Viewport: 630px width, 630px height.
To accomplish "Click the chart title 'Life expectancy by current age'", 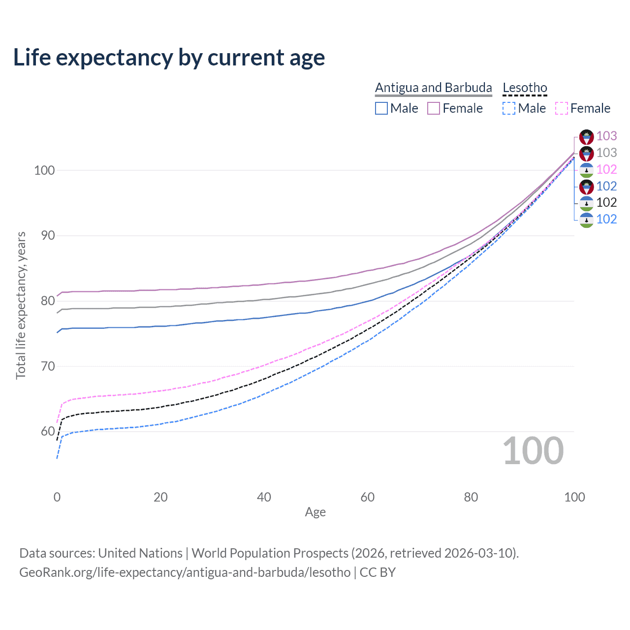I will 169,58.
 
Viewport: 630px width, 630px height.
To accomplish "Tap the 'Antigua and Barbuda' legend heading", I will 433,88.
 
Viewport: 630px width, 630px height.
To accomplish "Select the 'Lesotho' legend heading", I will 525,88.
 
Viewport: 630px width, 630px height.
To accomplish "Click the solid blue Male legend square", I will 381,108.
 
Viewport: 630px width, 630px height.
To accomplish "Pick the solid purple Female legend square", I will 434,108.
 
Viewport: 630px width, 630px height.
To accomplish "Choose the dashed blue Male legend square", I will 509,108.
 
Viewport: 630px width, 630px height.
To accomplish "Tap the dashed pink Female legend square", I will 562,108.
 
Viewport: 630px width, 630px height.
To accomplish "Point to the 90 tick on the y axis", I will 48,235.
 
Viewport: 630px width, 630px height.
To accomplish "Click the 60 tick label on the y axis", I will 48,432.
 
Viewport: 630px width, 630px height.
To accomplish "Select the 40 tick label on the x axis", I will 264,497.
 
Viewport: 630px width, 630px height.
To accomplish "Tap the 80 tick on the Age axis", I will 471,497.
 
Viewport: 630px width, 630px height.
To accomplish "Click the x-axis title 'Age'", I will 315,512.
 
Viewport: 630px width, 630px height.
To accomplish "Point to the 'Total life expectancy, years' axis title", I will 21,305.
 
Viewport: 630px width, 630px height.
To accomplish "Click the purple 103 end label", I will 606,136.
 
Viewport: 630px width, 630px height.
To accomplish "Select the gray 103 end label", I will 606,153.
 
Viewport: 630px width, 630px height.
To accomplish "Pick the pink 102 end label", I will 606,169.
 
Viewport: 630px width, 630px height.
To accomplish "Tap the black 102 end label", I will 606,202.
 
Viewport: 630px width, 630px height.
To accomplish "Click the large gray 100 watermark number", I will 533,451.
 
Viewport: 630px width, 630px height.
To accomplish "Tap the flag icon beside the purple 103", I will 587,137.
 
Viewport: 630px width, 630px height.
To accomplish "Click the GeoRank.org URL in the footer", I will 185,572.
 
